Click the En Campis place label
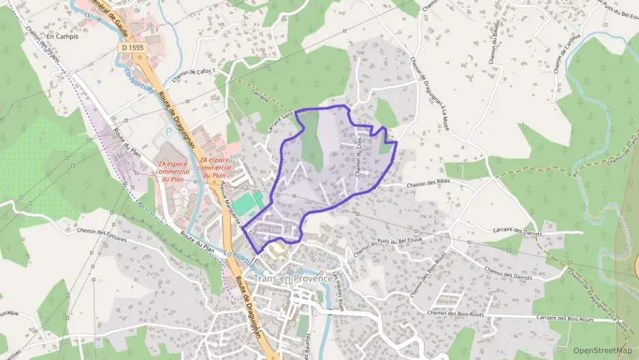(x=63, y=36)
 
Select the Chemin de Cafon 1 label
(x=194, y=74)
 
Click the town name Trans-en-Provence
(x=293, y=279)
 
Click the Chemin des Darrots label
(x=508, y=273)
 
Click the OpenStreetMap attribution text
(x=603, y=351)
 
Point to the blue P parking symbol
(x=169, y=129)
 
